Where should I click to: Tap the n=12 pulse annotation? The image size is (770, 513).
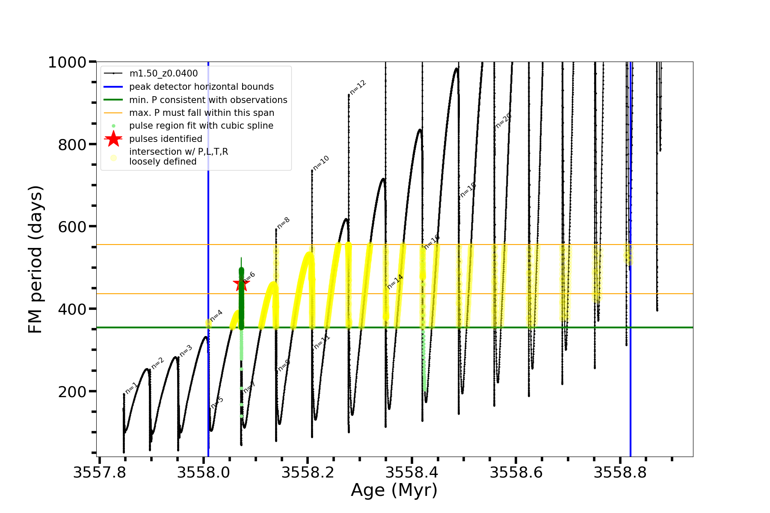click(x=358, y=87)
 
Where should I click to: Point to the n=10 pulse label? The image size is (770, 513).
click(x=321, y=163)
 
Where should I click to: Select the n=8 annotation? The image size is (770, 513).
click(x=284, y=223)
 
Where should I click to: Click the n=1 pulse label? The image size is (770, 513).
click(x=132, y=388)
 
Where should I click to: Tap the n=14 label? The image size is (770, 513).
click(x=395, y=281)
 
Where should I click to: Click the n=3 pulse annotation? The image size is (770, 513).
click(x=186, y=351)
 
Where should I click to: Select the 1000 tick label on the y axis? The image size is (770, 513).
click(x=67, y=62)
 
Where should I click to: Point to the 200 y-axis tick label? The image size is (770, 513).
click(x=72, y=392)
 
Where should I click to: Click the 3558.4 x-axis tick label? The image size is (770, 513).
click(x=412, y=473)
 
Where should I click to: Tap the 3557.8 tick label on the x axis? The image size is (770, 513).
click(x=100, y=473)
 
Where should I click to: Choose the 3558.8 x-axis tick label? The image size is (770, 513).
click(x=620, y=473)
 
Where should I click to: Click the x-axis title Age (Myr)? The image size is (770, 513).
click(x=394, y=490)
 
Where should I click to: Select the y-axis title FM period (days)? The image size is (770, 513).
click(x=36, y=259)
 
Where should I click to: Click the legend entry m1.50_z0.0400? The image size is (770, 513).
click(x=163, y=74)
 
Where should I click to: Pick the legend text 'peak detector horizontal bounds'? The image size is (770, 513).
click(x=201, y=87)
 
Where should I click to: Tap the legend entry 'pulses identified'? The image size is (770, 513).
click(x=166, y=139)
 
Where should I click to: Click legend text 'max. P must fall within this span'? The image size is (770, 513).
click(x=201, y=113)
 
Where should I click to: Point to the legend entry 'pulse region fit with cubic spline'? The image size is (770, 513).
click(x=201, y=126)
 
